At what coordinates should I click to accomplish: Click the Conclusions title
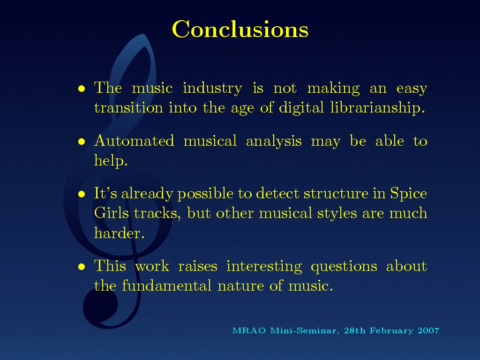click(240, 30)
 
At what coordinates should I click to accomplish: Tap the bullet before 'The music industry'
click(82, 89)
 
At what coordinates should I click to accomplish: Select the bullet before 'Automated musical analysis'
click(82, 142)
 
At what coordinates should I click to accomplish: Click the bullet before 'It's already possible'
click(82, 194)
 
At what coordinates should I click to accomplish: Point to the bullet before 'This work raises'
click(82, 267)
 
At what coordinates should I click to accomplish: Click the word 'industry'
click(212, 89)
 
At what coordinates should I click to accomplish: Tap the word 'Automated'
click(134, 141)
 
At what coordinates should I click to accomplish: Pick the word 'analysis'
click(274, 142)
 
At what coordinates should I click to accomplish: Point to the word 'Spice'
click(408, 194)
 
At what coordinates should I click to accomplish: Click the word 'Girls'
click(112, 213)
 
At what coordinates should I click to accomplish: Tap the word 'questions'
click(344, 267)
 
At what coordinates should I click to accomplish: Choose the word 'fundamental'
click(166, 285)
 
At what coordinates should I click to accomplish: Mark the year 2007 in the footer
click(428, 330)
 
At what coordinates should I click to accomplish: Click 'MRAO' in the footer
click(249, 330)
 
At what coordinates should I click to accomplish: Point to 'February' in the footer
click(391, 331)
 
